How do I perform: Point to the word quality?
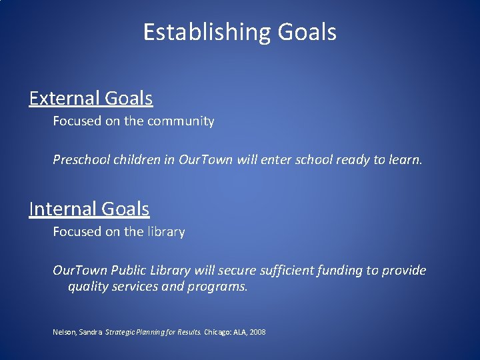[89, 287]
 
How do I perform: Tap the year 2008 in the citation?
[257, 331]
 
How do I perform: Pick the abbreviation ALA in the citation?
[241, 331]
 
